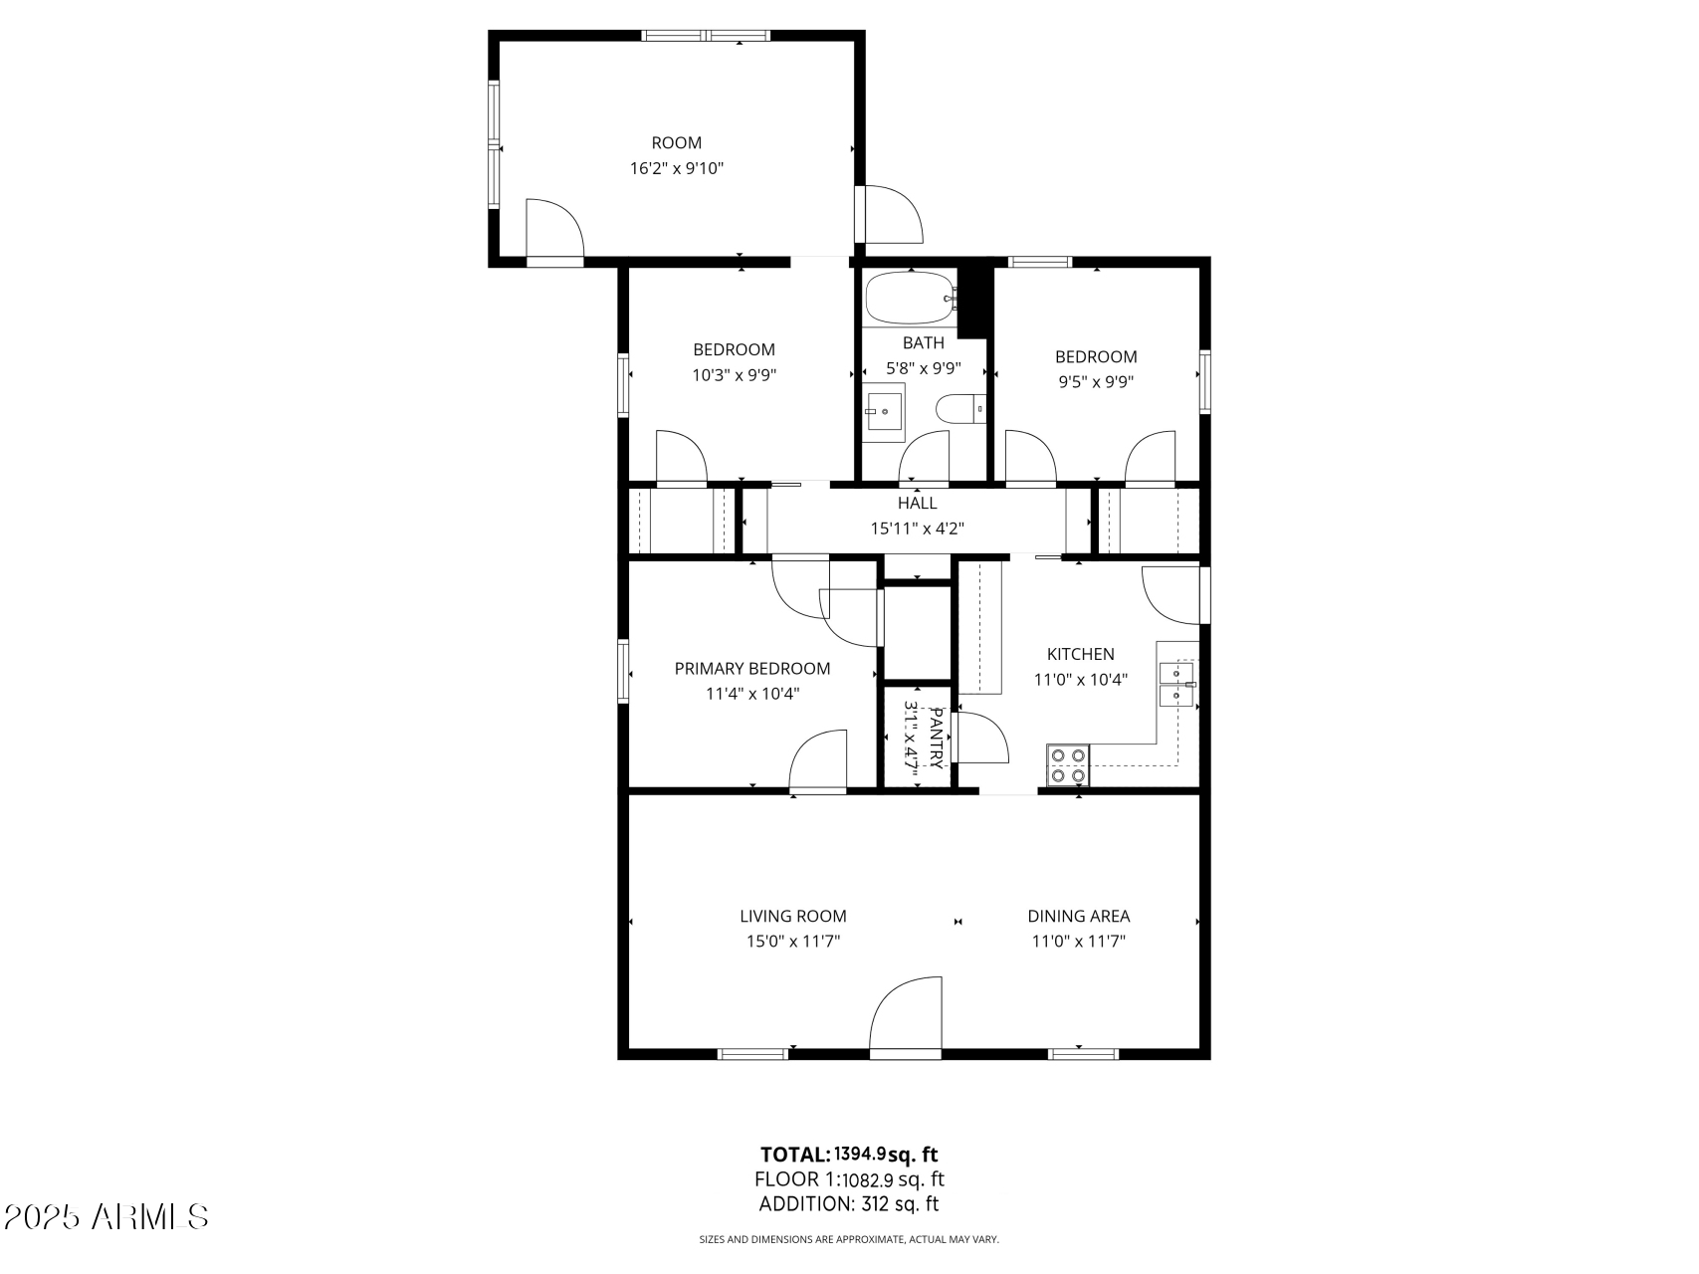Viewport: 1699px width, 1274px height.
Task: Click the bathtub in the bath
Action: (x=909, y=298)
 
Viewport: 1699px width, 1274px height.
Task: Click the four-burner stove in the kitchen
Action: (x=1068, y=764)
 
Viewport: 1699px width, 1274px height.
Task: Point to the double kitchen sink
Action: (x=1178, y=684)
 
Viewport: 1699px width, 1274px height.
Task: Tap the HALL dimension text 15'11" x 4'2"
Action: (x=917, y=530)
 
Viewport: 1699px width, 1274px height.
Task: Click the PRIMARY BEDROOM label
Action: (x=751, y=669)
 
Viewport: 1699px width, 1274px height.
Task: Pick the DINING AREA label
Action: (x=1078, y=916)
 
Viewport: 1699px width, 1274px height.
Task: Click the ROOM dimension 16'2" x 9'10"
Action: (x=676, y=169)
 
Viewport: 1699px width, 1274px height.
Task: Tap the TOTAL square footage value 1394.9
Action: (x=860, y=1154)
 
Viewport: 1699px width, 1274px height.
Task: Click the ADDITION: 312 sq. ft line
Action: (x=849, y=1204)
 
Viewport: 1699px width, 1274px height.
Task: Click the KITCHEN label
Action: (x=1080, y=654)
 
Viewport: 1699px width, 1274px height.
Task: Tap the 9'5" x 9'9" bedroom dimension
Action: (x=1095, y=381)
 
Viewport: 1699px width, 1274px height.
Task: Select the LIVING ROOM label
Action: (x=792, y=916)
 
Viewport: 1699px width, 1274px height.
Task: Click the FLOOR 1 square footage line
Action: (x=849, y=1179)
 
